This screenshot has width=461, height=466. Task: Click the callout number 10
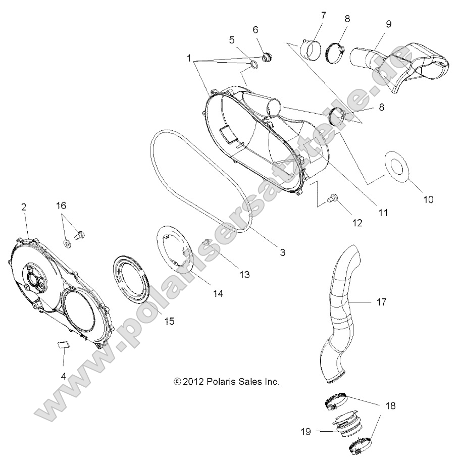point(428,199)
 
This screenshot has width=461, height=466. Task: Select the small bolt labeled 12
point(333,199)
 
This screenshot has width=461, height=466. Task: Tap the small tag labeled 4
point(61,344)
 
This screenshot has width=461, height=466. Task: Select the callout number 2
point(23,206)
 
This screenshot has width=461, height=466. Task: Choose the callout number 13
point(244,275)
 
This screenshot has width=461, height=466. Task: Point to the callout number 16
point(75,206)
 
